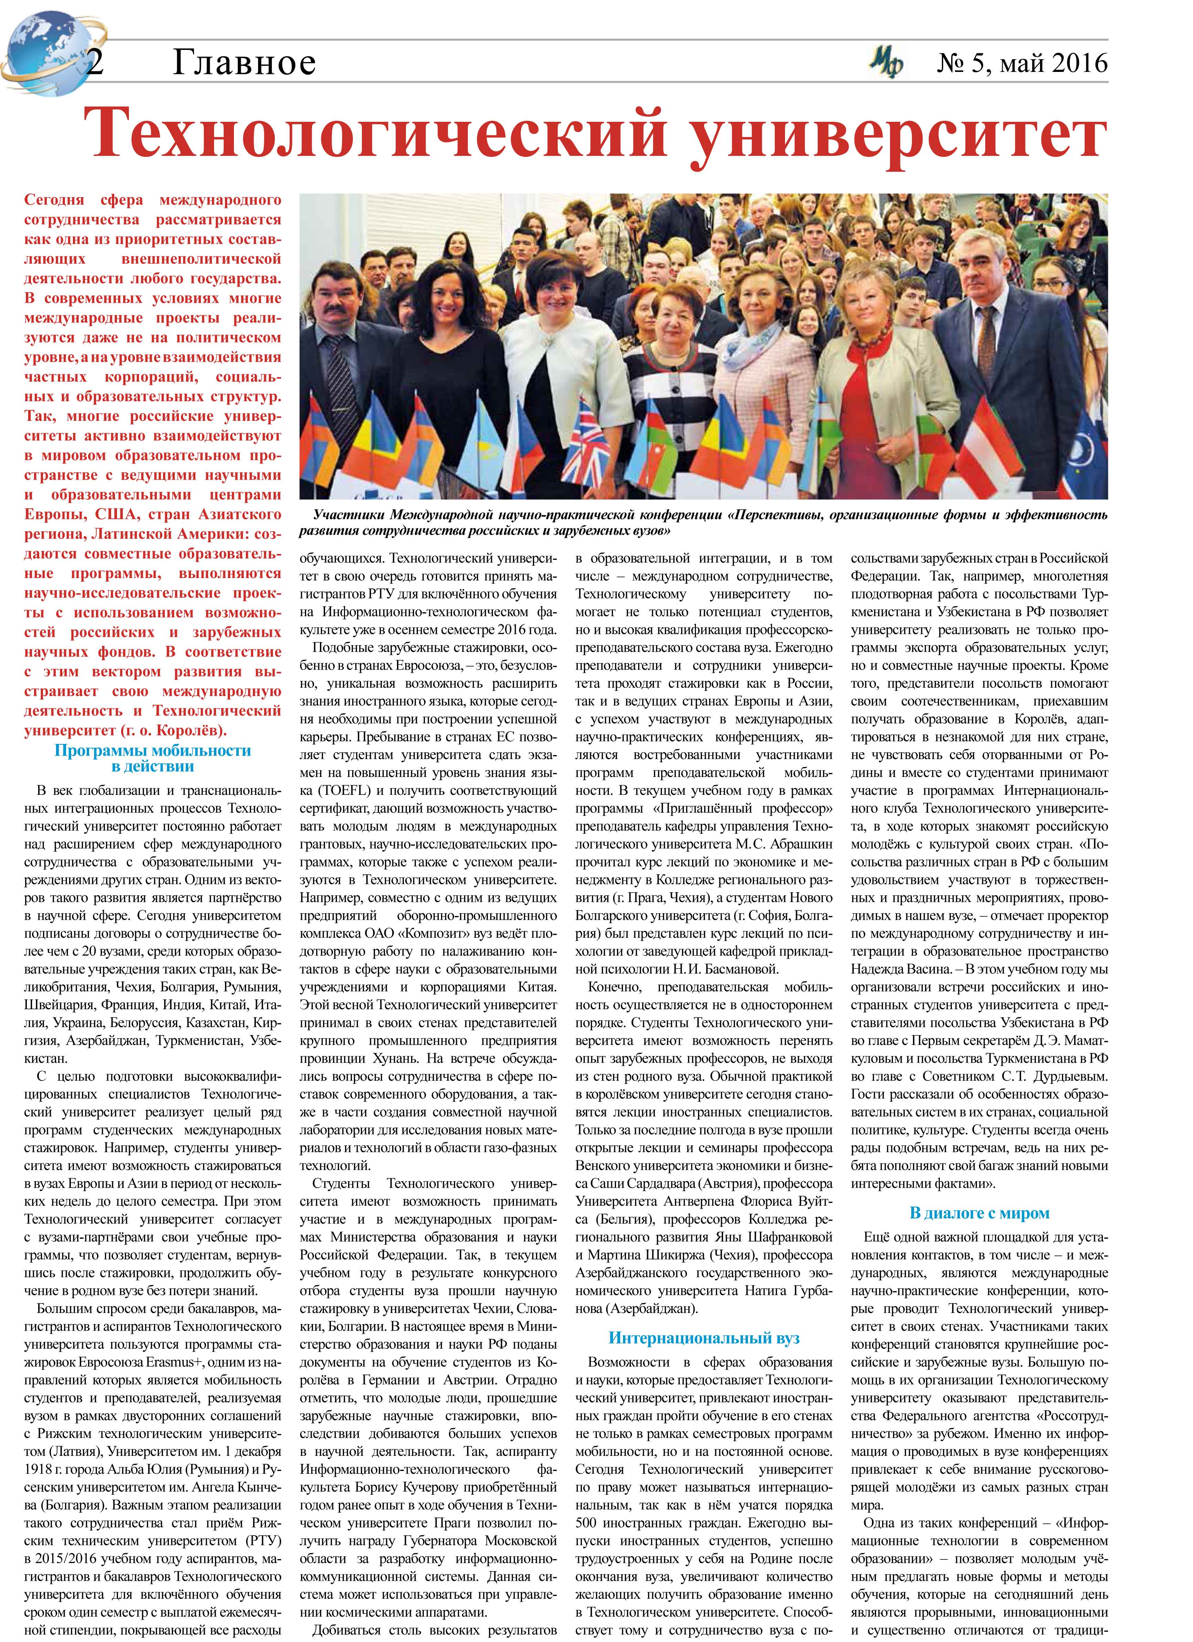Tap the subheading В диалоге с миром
point(979,1213)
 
